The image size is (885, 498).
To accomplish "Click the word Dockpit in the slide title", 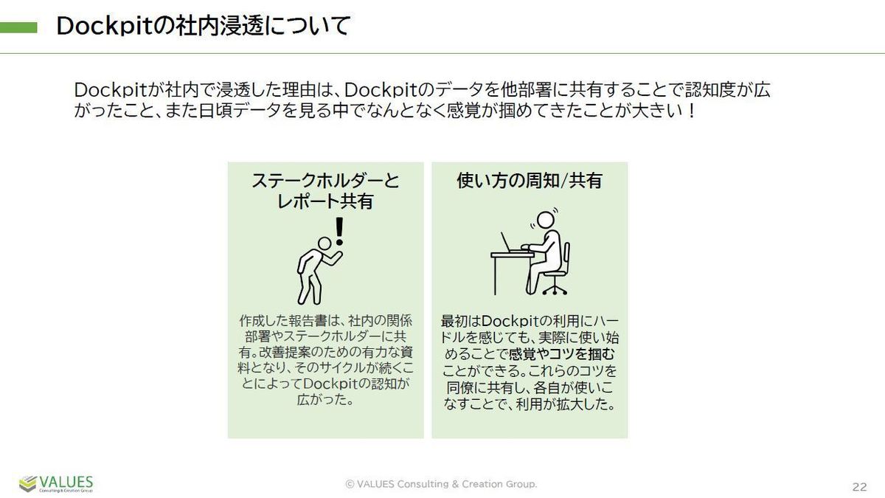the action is click(105, 27).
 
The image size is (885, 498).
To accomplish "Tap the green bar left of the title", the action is click(18, 28).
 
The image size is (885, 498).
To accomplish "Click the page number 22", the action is click(860, 486).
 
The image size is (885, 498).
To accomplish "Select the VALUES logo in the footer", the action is click(56, 484).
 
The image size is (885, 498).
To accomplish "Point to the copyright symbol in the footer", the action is click(350, 484).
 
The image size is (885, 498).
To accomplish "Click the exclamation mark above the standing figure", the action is click(339, 231).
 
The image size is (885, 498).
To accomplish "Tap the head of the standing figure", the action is click(324, 243).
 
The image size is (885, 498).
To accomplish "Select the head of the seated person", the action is click(544, 220).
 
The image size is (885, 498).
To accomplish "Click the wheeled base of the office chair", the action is click(555, 290).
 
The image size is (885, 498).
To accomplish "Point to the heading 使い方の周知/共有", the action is click(530, 181).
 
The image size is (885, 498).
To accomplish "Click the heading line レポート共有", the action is click(325, 201).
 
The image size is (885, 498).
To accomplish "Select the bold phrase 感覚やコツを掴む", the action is click(562, 355).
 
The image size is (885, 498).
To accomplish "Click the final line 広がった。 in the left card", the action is click(325, 400).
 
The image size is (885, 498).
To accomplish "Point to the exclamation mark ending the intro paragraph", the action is click(691, 111).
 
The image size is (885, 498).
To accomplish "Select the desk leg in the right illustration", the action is click(495, 276).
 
